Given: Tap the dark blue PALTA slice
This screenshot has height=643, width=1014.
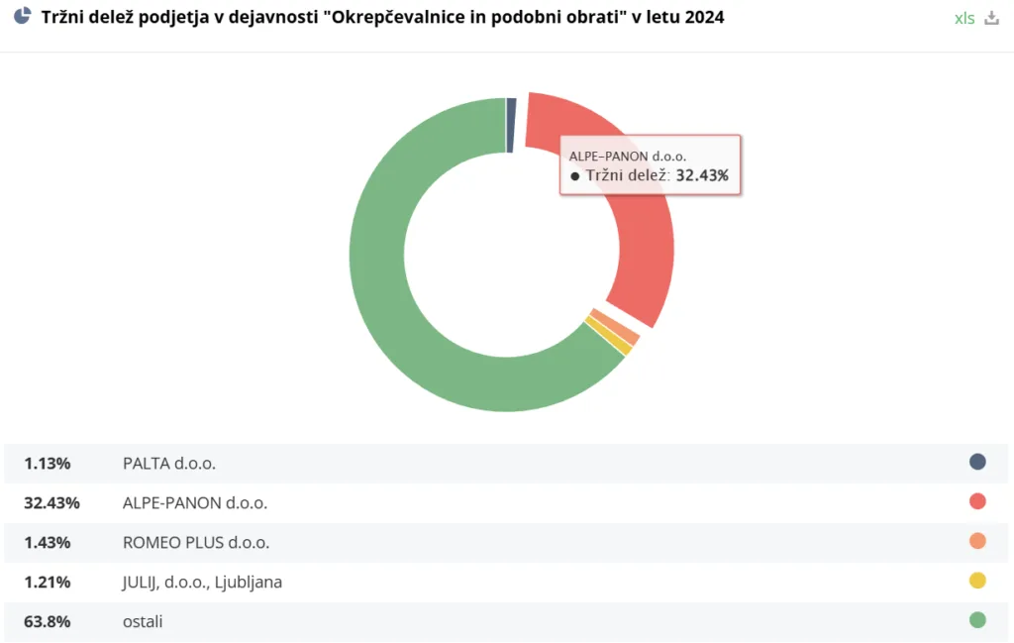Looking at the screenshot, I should [x=511, y=125].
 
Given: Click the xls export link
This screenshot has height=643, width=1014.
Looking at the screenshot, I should [x=964, y=19].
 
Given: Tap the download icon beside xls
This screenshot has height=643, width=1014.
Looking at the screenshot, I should [x=992, y=19].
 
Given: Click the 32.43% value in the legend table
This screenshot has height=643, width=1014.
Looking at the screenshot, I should [x=51, y=502].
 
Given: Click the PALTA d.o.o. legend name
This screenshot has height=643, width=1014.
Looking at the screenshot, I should [x=169, y=463].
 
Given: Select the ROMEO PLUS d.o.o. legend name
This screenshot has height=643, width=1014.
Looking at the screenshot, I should [x=196, y=542].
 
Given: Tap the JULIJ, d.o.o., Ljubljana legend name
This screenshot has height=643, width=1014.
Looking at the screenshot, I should [x=202, y=582].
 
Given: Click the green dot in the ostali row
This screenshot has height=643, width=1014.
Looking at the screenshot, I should [x=977, y=620].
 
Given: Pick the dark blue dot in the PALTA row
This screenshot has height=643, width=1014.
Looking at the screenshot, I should [x=977, y=462].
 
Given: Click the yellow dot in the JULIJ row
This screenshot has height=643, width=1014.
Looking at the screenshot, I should [x=977, y=581].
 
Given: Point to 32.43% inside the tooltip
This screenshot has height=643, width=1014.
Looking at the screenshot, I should [x=702, y=175].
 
